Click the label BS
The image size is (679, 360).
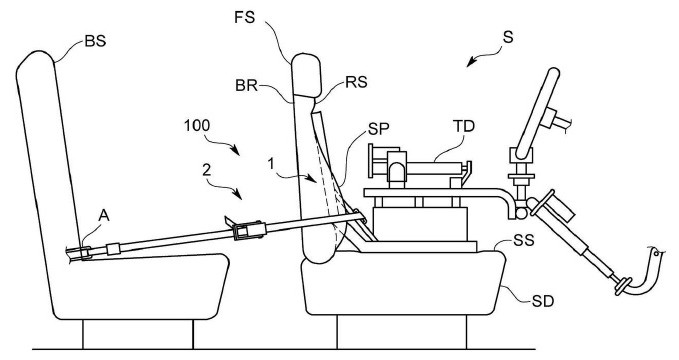(x=95, y=42)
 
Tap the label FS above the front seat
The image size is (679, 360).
(x=245, y=18)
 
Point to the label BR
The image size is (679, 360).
(x=246, y=86)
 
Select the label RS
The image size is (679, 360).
(x=356, y=82)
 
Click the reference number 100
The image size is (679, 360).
(x=197, y=126)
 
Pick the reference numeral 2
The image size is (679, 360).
(x=207, y=170)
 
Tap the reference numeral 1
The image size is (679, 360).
(x=271, y=164)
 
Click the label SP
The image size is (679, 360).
(x=379, y=129)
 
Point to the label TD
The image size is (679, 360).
(x=464, y=126)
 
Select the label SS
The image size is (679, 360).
(x=524, y=240)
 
